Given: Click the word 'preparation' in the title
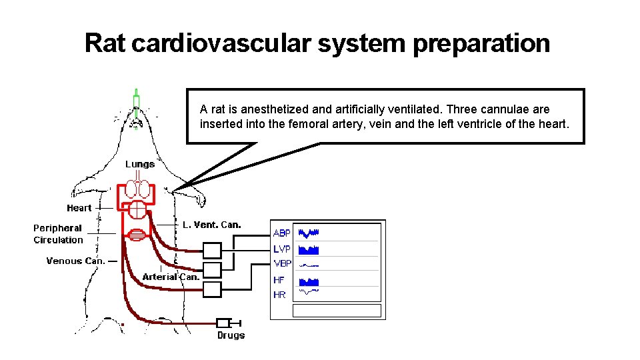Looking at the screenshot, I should click(481, 43).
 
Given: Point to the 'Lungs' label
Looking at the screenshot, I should click(140, 164).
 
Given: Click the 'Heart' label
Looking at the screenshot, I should click(79, 208).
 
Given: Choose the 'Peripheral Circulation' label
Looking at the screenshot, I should click(59, 234).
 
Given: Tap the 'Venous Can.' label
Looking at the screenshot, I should click(75, 261).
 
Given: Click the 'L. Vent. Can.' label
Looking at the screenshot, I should click(212, 225).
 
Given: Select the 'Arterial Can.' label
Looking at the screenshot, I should click(171, 277).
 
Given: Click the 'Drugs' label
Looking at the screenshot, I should click(231, 335).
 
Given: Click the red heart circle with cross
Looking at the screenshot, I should click(137, 209).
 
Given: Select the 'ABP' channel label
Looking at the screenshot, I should click(282, 233).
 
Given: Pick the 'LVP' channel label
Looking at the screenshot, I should click(282, 249).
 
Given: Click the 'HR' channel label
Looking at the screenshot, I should click(279, 294).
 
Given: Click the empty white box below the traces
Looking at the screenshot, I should click(337, 311).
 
